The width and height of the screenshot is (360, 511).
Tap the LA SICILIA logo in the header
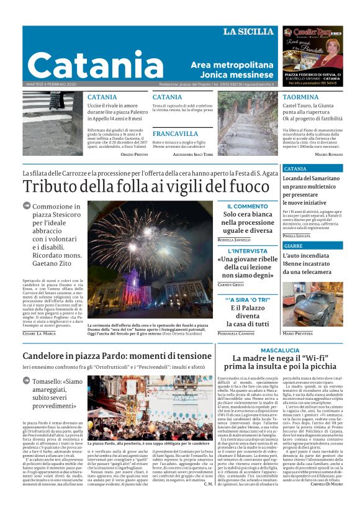(x=248, y=32)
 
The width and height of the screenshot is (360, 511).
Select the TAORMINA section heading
(x=301, y=97)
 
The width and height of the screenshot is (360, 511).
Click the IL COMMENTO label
(x=248, y=206)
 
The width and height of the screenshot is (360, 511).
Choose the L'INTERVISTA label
(x=247, y=251)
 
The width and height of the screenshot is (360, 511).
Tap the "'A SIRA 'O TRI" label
(x=247, y=299)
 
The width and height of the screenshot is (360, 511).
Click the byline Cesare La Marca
(x=39, y=333)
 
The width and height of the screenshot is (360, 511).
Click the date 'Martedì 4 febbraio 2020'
(x=50, y=84)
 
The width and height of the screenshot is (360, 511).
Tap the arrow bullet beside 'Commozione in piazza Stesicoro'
(x=27, y=206)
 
